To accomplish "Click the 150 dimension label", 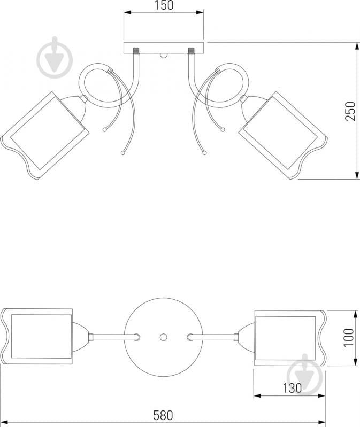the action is pos(164,5).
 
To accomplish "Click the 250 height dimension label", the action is pos(350,111).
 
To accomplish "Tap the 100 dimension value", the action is pos(349,337).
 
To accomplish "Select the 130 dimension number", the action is pos(292,388).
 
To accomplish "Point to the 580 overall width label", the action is pos(163,415).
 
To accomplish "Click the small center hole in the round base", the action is pos(164,337).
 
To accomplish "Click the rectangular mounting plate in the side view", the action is pos(164,48).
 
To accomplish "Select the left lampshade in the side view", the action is pos(45,135).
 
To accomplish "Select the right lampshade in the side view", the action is pos(283,135).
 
